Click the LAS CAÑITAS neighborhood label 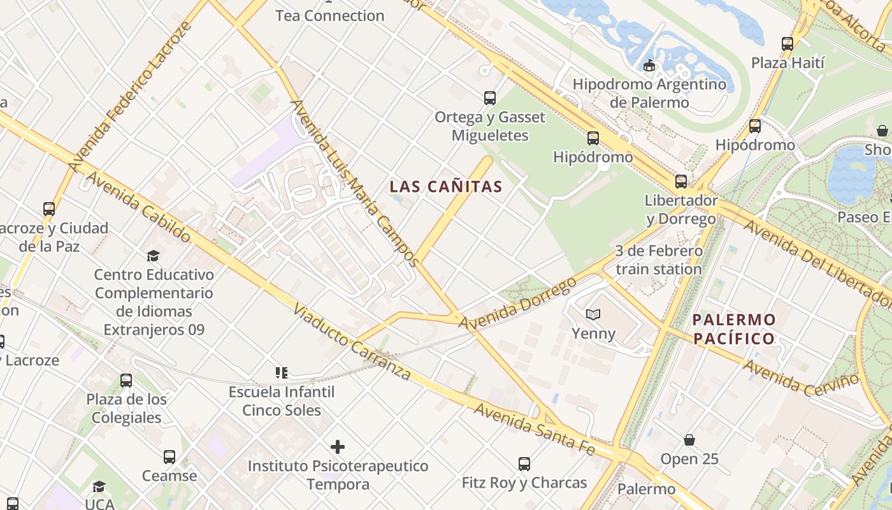pos(446,187)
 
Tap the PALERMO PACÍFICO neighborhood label pos(734,329)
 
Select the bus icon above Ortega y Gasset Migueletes pos(489,98)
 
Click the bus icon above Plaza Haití pos(788,44)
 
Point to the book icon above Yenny pos(593,314)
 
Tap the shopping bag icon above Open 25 pos(689,440)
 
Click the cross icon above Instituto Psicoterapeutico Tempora pos(338,447)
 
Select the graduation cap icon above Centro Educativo pos(153,256)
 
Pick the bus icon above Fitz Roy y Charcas pos(524,464)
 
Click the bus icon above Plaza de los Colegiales pos(126,381)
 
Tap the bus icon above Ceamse pos(169,457)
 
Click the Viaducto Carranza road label pos(351,342)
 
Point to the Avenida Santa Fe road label pos(534,430)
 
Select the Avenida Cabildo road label pos(137,207)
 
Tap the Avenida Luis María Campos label pos(354,182)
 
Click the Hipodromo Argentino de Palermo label pos(649,93)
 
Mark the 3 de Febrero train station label pos(659,260)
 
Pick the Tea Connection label pos(329,15)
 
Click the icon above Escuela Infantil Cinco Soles pos(281,372)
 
